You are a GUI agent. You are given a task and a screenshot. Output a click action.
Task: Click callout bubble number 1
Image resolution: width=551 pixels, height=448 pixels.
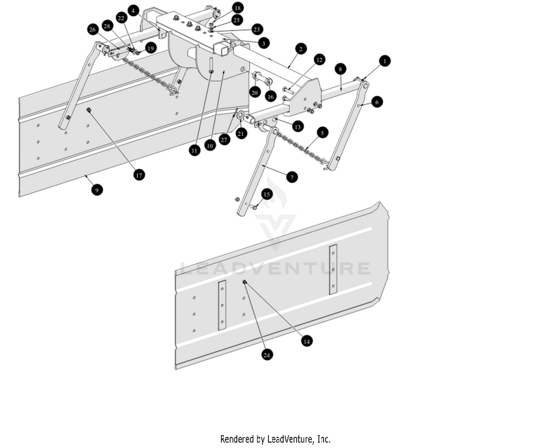385,61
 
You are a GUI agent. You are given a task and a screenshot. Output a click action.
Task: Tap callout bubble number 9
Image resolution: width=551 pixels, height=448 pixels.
97,190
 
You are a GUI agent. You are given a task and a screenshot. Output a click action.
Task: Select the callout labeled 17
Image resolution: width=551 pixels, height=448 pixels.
139,175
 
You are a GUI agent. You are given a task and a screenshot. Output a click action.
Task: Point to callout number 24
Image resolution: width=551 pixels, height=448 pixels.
267,355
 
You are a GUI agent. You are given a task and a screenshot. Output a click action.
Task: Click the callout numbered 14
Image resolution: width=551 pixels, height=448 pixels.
306,341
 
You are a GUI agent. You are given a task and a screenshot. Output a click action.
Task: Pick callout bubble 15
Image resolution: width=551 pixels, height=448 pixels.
267,194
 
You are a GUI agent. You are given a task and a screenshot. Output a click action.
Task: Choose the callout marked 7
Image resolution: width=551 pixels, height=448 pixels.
292,177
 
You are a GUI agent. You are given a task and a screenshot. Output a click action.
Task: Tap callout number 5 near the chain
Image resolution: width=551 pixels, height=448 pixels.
322,133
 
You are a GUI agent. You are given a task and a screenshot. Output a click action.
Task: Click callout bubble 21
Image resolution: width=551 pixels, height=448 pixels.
241,134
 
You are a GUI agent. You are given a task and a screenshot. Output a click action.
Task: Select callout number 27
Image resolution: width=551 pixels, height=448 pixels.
224,140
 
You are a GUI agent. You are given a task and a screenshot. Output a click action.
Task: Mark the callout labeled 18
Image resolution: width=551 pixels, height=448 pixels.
237,8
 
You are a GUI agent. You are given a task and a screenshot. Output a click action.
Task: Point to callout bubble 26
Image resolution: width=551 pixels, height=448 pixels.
93,30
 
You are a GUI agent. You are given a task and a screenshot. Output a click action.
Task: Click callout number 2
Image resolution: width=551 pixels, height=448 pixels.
301,49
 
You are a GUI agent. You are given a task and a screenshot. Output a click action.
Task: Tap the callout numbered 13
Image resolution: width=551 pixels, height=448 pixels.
298,127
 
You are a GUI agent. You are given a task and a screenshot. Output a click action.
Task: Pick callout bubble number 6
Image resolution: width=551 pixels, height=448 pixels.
377,102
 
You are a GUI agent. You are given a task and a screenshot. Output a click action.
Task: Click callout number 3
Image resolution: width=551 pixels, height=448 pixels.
263,43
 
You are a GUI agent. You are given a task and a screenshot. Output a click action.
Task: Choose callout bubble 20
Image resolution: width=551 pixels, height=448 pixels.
255,93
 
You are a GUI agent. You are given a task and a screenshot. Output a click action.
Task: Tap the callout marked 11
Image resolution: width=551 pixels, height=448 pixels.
194,150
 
